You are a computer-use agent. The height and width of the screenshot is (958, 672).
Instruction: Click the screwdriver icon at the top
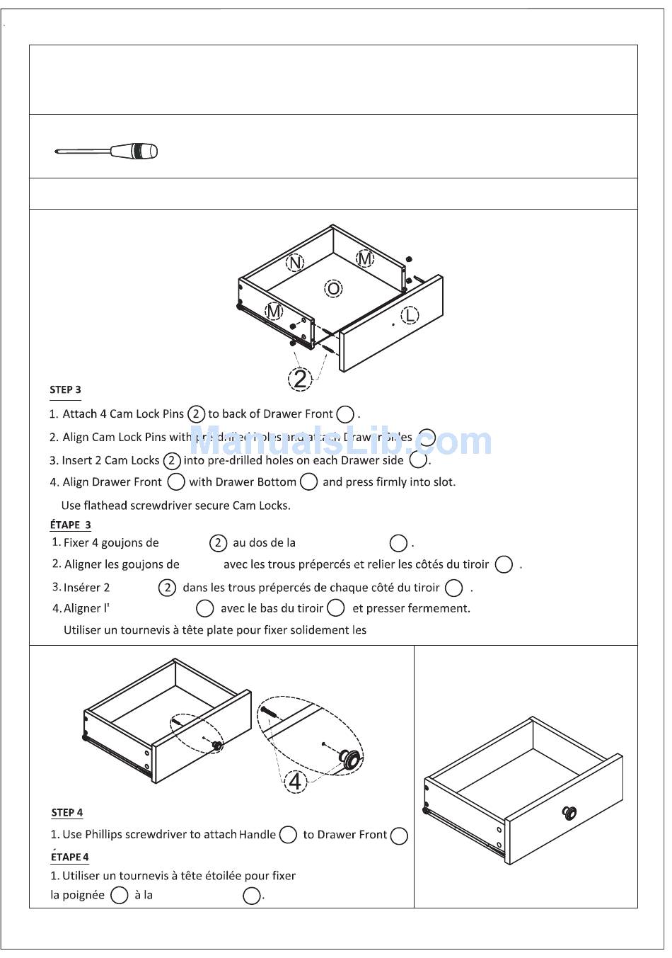click(x=106, y=151)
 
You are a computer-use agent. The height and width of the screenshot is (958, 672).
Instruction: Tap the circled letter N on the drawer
click(x=295, y=263)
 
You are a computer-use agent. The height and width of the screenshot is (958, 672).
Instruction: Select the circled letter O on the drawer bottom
click(x=333, y=288)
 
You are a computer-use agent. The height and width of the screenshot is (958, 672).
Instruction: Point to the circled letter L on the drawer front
click(x=410, y=316)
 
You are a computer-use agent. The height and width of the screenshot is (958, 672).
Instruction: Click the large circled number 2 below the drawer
click(x=301, y=379)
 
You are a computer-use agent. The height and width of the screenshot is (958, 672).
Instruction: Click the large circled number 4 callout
click(x=296, y=781)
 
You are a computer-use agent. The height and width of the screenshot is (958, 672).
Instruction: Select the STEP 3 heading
click(x=65, y=389)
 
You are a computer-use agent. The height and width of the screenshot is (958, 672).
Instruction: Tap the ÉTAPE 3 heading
click(x=70, y=525)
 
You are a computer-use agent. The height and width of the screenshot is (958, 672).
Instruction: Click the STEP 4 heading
click(x=67, y=812)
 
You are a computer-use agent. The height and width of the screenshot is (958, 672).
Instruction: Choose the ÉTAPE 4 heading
click(x=69, y=857)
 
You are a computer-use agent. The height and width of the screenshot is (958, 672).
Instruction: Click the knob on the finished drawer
click(x=569, y=813)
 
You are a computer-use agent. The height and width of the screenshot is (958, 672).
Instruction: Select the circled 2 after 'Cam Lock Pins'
click(x=196, y=414)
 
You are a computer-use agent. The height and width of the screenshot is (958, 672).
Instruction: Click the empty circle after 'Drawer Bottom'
click(x=308, y=482)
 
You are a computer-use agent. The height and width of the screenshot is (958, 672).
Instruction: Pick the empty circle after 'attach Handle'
click(x=288, y=835)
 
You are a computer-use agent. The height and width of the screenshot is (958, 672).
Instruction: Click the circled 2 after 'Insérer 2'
click(x=167, y=588)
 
